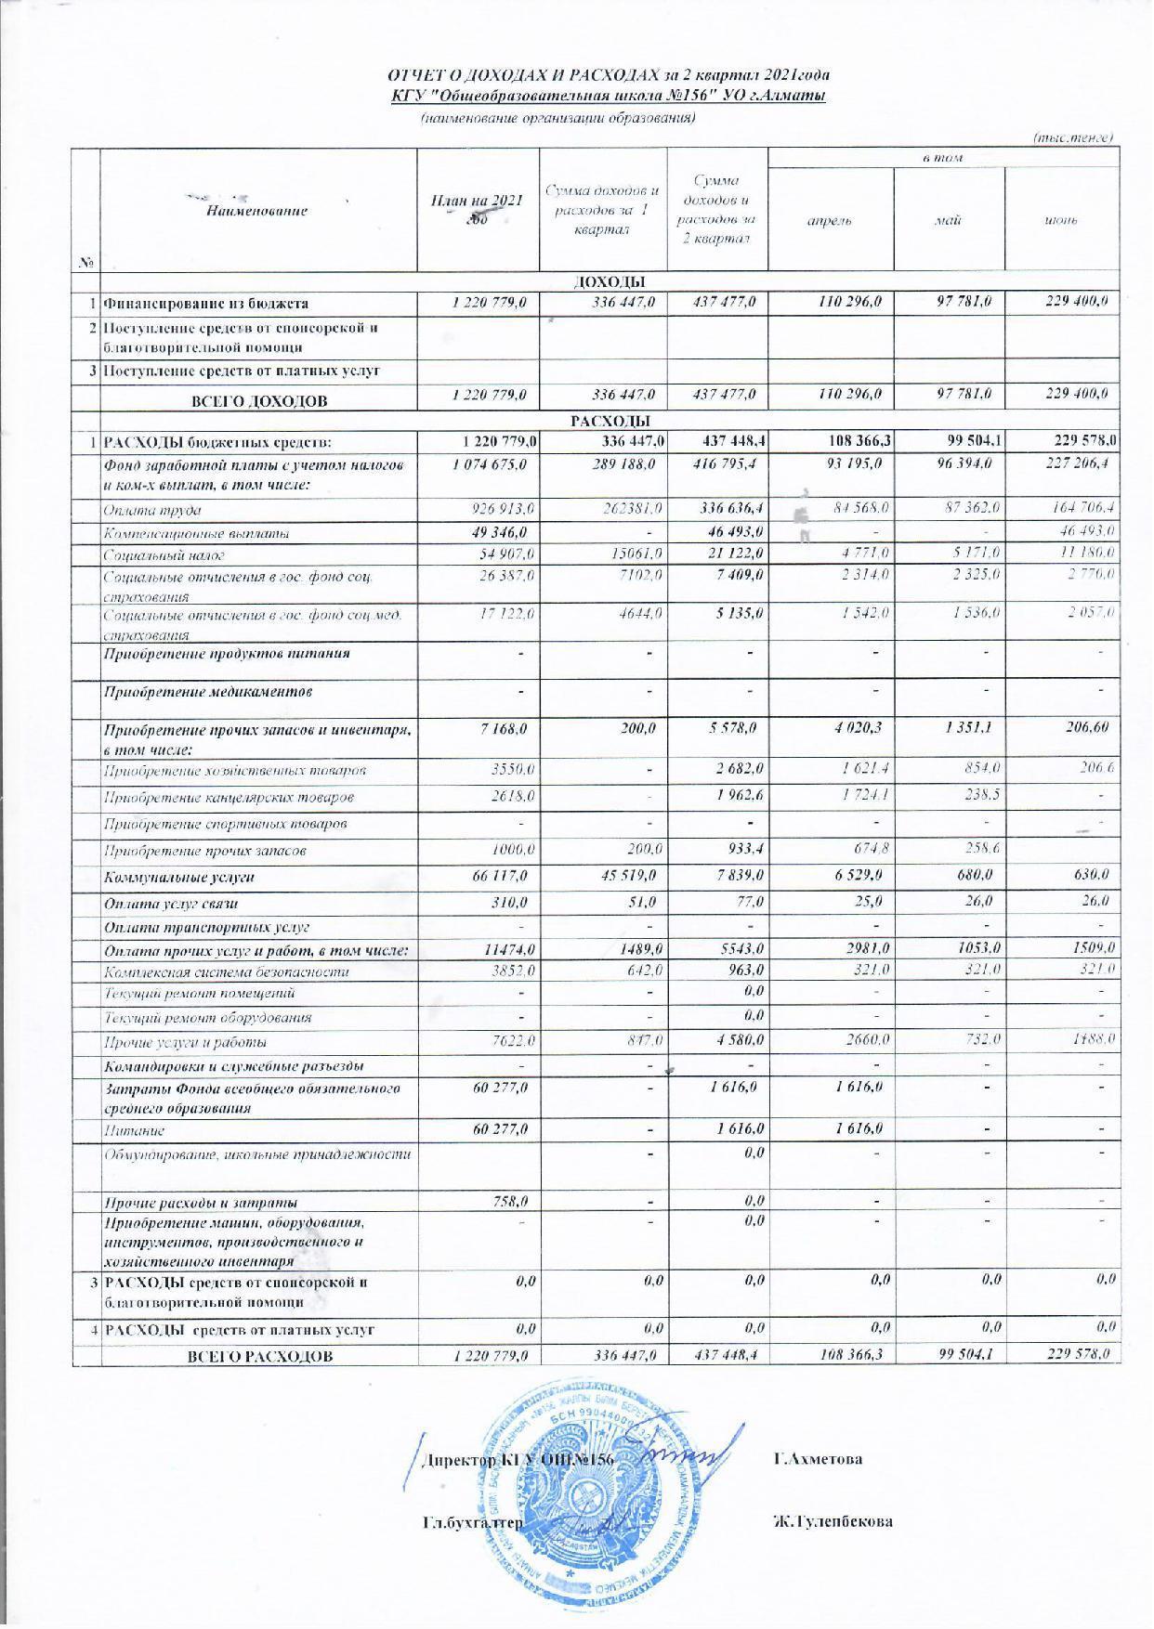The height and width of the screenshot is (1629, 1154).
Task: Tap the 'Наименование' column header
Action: (x=257, y=212)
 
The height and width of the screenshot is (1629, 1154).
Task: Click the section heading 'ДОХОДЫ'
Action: (x=610, y=281)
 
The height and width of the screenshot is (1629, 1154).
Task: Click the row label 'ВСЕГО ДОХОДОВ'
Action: (x=260, y=402)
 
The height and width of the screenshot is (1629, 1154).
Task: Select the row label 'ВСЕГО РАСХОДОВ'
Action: (x=260, y=1357)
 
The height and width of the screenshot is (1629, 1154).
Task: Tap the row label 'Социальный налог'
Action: (x=159, y=555)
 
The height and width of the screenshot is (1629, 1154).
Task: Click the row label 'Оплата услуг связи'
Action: (x=172, y=903)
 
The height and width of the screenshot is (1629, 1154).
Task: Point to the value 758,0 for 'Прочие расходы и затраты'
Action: (x=512, y=1202)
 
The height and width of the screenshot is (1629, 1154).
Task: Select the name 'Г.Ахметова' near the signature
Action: (x=818, y=1459)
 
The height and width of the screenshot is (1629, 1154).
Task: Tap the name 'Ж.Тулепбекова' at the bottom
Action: (x=833, y=1522)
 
